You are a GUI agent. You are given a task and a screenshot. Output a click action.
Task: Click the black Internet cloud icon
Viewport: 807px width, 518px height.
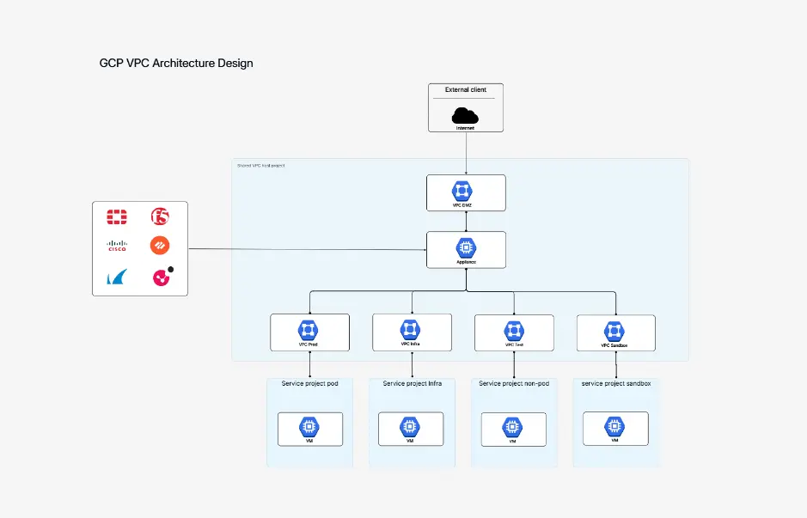[465, 115]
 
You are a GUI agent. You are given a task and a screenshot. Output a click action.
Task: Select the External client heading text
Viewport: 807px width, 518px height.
[465, 90]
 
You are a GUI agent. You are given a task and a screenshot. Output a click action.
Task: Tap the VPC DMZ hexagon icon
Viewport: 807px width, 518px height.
[466, 190]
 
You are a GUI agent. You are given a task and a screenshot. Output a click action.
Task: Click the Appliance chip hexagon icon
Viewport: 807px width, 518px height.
[466, 247]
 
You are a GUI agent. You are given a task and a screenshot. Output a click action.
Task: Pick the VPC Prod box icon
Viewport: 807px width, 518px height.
[309, 329]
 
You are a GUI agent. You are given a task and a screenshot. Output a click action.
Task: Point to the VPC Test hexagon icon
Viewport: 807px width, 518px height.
[513, 330]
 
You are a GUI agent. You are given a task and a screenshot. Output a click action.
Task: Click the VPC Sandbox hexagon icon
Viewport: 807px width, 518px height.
[614, 330]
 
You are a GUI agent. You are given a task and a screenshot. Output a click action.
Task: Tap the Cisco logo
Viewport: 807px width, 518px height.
[116, 246]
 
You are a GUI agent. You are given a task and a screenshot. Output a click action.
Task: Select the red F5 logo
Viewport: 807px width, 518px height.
[160, 216]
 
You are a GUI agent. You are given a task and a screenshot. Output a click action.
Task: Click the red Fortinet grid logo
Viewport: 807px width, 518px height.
[116, 216]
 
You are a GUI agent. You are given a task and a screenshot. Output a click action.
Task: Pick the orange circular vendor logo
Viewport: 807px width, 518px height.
[160, 246]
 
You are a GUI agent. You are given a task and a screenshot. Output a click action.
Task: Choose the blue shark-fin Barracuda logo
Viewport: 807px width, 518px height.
[116, 277]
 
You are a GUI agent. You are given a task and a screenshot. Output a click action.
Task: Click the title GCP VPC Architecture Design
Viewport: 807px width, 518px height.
[176, 63]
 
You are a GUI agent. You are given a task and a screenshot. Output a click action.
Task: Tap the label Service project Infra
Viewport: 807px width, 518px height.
[412, 383]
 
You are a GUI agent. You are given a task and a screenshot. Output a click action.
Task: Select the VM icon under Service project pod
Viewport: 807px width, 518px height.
[309, 426]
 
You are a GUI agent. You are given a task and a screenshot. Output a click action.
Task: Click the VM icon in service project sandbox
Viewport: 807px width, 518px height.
[614, 425]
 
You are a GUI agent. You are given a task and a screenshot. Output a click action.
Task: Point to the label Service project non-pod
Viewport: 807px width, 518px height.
[514, 383]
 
